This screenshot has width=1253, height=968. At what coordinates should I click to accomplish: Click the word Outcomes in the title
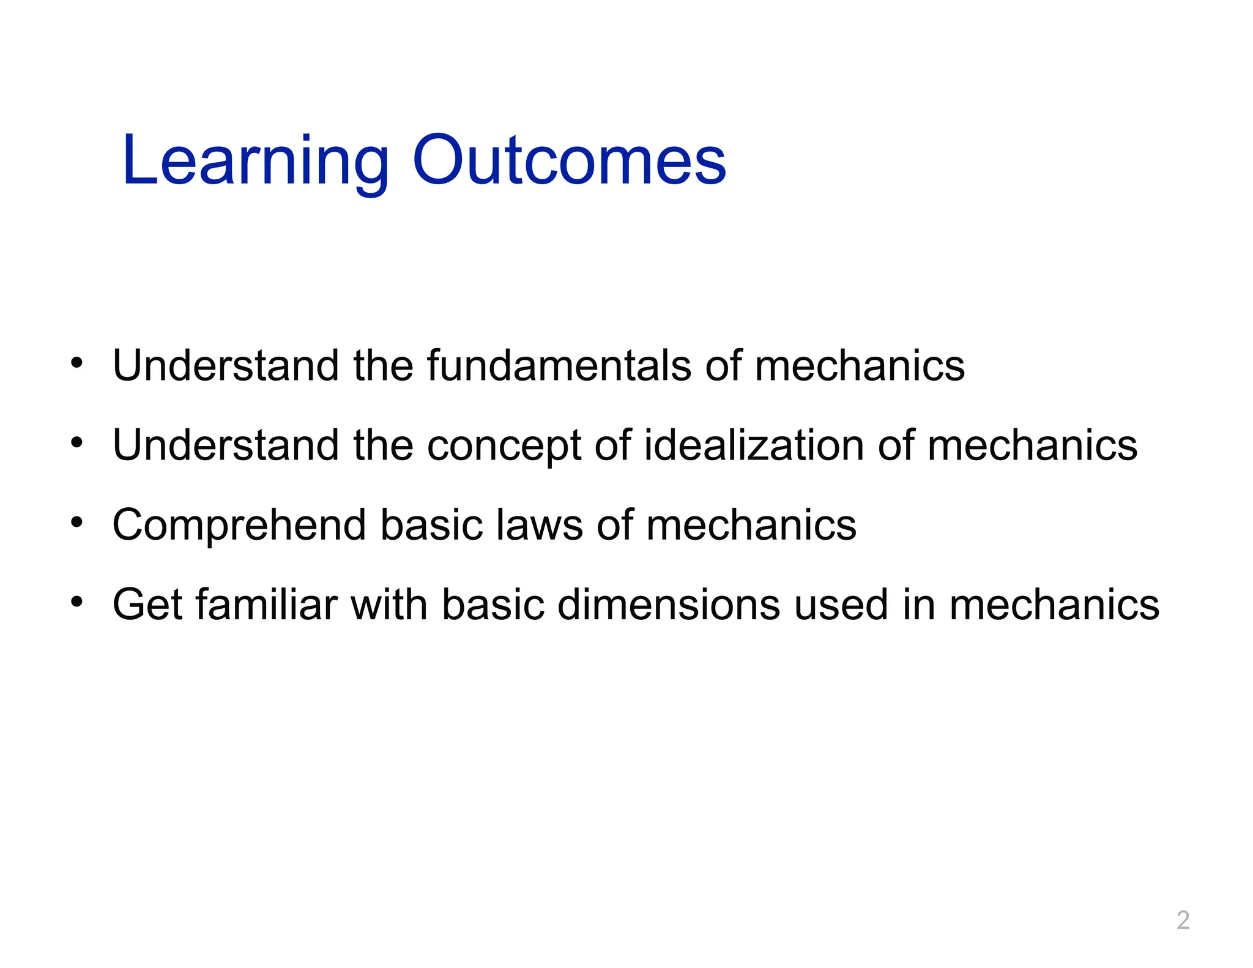(x=569, y=160)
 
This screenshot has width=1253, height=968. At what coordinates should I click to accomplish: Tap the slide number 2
(x=1183, y=920)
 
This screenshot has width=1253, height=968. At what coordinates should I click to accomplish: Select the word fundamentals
(x=559, y=365)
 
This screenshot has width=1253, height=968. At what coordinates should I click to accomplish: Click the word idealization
(x=754, y=445)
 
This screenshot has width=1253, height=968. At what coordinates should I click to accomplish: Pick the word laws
(x=539, y=525)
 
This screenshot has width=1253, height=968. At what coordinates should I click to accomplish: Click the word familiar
(x=266, y=605)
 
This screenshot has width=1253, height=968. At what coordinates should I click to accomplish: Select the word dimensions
(x=669, y=605)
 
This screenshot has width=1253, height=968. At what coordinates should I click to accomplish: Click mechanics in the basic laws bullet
(x=751, y=525)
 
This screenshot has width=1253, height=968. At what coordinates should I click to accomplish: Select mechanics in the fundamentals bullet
(x=859, y=365)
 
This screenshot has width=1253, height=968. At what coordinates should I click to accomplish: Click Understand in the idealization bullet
(x=225, y=445)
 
